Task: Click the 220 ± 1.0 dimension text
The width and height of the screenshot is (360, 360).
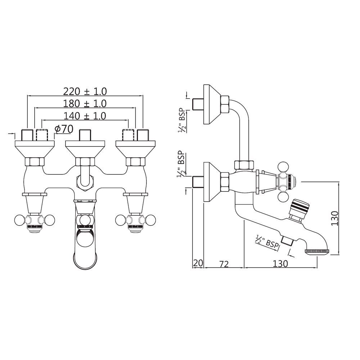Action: pyautogui.click(x=85, y=91)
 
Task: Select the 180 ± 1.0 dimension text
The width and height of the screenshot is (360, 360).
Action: pyautogui.click(x=85, y=104)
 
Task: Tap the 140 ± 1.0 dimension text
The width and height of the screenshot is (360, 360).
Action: pyautogui.click(x=85, y=116)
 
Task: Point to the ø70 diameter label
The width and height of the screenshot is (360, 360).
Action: pyautogui.click(x=64, y=129)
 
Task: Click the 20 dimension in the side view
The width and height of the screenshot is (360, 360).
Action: pyautogui.click(x=198, y=263)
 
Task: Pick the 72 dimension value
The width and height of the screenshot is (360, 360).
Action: pyautogui.click(x=224, y=264)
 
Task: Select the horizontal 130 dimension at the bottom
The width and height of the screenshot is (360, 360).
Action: pyautogui.click(x=280, y=264)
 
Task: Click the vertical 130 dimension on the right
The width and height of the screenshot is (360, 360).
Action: pyautogui.click(x=335, y=218)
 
